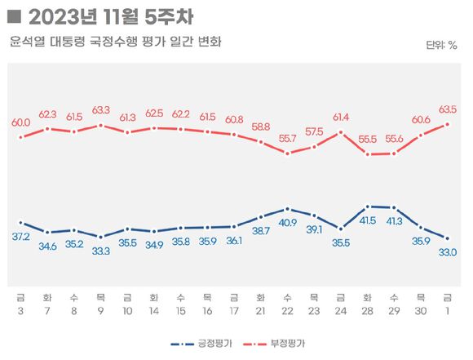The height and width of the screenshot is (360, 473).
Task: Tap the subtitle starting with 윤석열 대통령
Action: (x=115, y=42)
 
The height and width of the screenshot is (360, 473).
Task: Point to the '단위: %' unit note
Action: (x=441, y=45)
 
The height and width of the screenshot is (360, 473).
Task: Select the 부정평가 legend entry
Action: (x=291, y=343)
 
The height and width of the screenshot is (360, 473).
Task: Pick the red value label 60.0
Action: (x=20, y=122)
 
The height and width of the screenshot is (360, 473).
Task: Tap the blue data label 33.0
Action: (x=448, y=251)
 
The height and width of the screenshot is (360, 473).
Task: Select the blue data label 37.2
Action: (x=20, y=236)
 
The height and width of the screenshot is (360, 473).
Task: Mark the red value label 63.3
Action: (x=100, y=109)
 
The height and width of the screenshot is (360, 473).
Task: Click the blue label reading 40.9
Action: (x=287, y=222)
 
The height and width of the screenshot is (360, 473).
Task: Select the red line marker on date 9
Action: (x=100, y=125)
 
